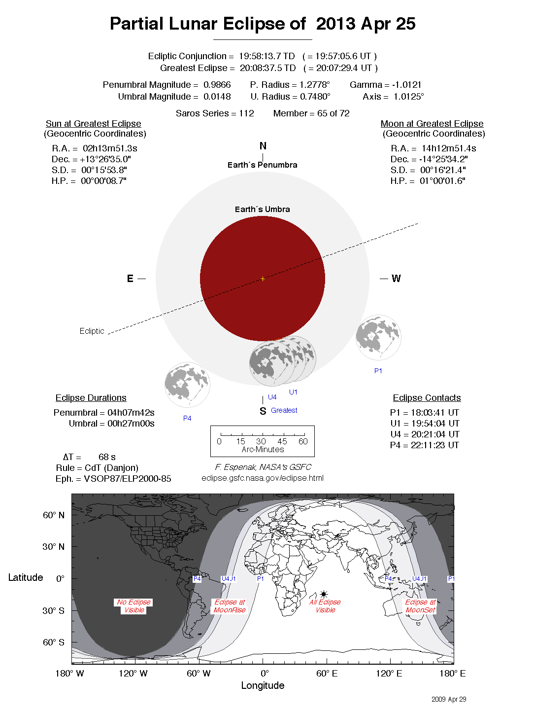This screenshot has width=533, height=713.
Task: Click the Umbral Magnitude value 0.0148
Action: (x=217, y=97)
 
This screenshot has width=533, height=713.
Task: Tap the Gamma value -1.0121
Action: (x=406, y=85)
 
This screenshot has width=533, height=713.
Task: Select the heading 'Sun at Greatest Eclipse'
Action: (x=94, y=124)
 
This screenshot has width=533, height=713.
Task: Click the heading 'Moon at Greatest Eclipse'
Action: (x=432, y=124)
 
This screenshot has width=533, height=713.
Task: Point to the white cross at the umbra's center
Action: (x=263, y=279)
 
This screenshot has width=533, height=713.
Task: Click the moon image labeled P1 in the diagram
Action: (x=378, y=337)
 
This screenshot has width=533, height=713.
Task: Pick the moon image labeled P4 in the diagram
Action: (x=187, y=385)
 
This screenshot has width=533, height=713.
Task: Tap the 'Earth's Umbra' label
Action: (x=262, y=209)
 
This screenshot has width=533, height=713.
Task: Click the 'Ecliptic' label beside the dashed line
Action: (x=92, y=331)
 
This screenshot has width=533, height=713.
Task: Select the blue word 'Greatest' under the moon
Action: (x=284, y=410)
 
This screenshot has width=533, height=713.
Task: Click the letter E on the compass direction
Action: (x=130, y=279)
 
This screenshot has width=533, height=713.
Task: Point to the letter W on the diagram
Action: (x=396, y=279)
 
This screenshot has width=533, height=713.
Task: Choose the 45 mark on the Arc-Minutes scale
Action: (x=282, y=441)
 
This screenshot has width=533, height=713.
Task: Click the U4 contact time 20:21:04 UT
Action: (x=432, y=434)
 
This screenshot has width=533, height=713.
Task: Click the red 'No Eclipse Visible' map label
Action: (x=134, y=606)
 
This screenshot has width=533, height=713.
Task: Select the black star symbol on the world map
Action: (x=324, y=594)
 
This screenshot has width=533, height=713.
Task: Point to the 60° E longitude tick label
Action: (x=327, y=674)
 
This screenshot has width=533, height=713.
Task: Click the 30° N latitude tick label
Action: (x=53, y=546)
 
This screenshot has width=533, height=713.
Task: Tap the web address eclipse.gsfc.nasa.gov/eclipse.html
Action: (x=263, y=478)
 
